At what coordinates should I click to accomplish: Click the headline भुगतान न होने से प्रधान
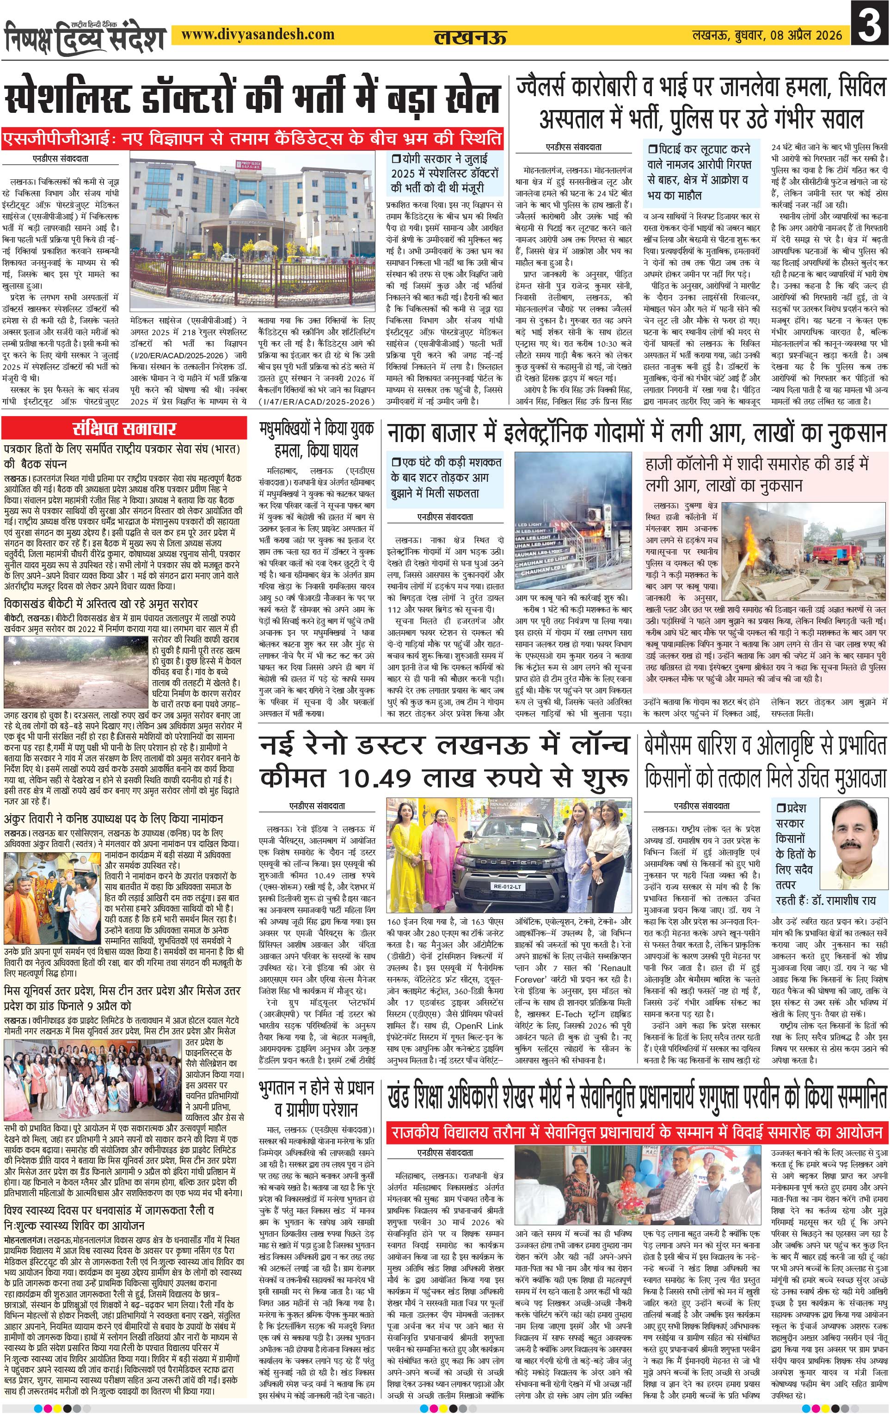316,1087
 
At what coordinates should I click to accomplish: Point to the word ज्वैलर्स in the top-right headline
552,88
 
